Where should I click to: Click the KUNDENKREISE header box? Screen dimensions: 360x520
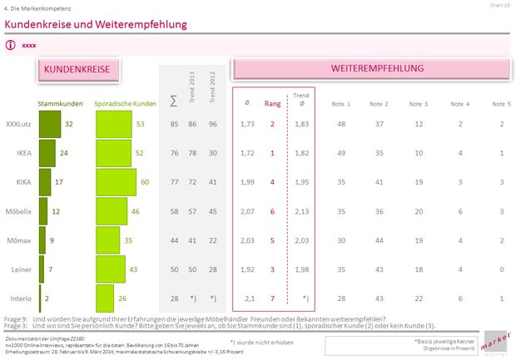pos(76,71)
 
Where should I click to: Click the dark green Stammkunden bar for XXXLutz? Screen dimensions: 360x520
pos(50,124)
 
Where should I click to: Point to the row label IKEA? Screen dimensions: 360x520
pos(24,153)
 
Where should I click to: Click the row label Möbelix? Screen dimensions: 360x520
pos(20,211)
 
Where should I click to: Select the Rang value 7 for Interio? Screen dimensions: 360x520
pos(272,298)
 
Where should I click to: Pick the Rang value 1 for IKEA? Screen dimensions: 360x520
pos(272,153)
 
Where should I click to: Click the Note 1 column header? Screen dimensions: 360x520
pos(341,104)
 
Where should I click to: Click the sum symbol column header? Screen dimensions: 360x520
pos(173,101)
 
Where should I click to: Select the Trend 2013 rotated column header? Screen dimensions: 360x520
pos(194,87)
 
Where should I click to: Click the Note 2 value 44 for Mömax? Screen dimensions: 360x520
pos(379,240)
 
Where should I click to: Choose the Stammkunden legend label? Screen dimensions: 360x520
pos(59,104)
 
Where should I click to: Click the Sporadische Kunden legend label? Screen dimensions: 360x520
pos(126,104)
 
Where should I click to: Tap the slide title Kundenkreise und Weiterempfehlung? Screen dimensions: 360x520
pos(96,25)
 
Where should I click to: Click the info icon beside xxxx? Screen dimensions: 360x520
pos(11,45)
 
